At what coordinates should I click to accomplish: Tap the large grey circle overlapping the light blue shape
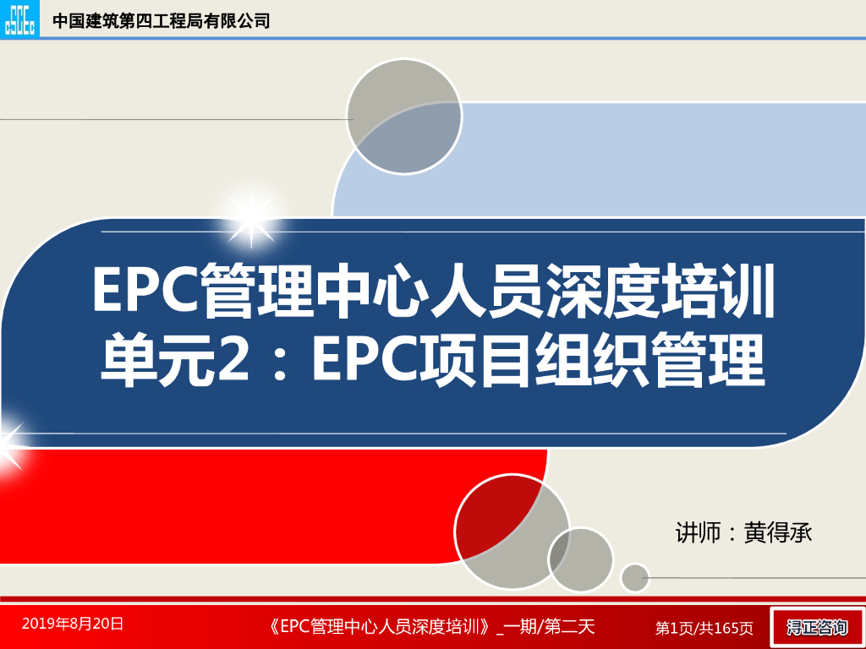coord(404,117)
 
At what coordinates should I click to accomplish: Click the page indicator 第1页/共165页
coord(704,627)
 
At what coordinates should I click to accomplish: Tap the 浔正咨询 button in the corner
coord(816,627)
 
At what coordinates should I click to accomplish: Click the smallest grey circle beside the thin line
coord(634,577)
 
